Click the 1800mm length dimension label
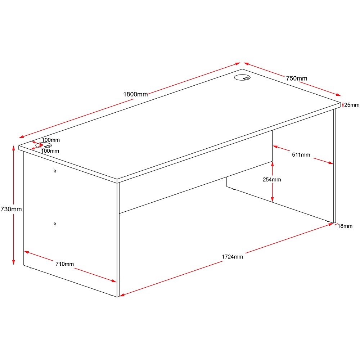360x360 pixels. point(135,94)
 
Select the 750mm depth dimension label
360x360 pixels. point(297,78)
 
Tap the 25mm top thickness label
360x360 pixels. point(352,105)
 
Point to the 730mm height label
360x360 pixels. point(11,209)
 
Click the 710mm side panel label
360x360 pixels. point(64,264)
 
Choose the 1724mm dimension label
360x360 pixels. point(232,257)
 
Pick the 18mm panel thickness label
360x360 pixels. point(345,226)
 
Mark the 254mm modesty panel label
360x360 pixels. point(272,180)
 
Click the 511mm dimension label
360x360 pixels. point(301,155)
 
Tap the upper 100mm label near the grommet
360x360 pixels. point(51,140)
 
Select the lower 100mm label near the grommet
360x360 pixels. point(50,151)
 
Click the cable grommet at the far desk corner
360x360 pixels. point(242,78)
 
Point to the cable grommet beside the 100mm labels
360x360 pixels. point(44,145)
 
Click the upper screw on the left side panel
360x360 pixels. point(55,171)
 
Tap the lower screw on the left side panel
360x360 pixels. point(55,224)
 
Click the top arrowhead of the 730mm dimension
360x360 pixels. point(14,148)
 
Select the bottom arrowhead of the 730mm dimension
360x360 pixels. point(14,262)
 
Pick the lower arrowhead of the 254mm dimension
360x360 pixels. point(272,199)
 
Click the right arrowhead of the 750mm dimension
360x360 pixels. point(338,95)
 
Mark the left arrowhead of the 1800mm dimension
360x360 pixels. point(21,137)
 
